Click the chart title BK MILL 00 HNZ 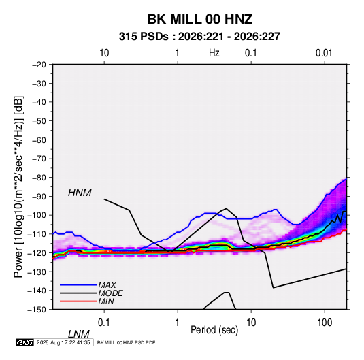click(200, 19)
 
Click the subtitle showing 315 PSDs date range click(199, 37)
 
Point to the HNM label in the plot click(80, 193)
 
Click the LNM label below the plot click(78, 334)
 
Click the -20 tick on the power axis click(39, 65)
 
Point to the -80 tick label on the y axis click(39, 178)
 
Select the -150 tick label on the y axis click(37, 310)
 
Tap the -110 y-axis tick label click(37, 234)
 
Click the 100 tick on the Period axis click(325, 323)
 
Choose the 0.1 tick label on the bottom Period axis click(103, 323)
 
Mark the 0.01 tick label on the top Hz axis click(324, 53)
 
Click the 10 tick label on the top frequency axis click(104, 53)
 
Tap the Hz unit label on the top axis click(214, 53)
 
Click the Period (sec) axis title click(214, 330)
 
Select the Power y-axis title click(18, 187)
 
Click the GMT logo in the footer click(25, 342)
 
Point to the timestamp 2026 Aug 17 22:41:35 click(63, 342)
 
